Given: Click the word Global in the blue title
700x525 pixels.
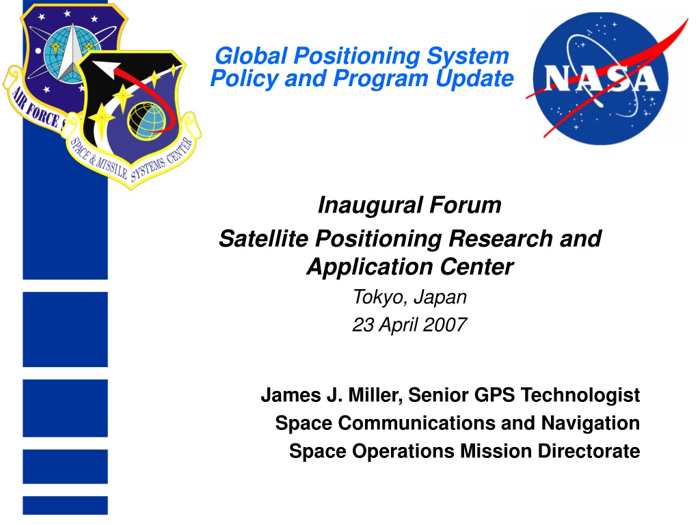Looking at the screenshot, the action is point(251,56).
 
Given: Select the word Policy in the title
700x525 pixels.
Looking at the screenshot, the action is point(244,79).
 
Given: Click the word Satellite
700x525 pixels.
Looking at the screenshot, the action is point(263,239).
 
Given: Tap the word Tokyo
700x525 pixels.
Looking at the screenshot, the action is point(380,298).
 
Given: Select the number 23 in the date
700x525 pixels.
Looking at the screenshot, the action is point(363,325).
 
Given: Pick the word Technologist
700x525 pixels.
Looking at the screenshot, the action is point(580,396).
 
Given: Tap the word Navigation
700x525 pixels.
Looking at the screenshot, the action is point(591,423).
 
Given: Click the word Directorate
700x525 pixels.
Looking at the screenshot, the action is point(589,451).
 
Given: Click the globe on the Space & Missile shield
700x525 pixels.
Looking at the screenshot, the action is point(147,121).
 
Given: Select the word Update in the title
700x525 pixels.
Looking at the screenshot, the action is point(474,79).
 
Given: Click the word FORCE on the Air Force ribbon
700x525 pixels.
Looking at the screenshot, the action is point(43,114).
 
